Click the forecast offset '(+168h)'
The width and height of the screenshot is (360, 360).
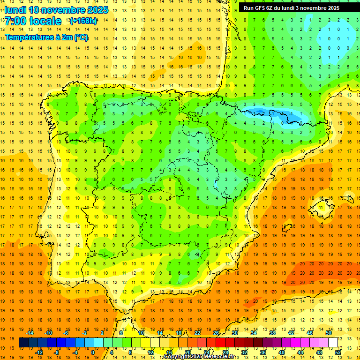pos(83,21)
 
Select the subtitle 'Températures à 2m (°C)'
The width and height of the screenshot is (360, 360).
pos(46,37)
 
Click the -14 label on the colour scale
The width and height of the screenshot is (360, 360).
pos(30,333)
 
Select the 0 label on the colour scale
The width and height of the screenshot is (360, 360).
pos(92,352)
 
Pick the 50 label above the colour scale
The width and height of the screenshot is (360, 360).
pos(328,333)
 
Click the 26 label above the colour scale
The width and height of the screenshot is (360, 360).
pos(216,333)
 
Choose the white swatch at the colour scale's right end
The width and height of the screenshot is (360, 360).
pos(333,343)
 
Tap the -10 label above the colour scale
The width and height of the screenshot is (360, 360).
pos(48,333)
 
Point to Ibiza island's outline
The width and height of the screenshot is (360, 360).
pos(288,228)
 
